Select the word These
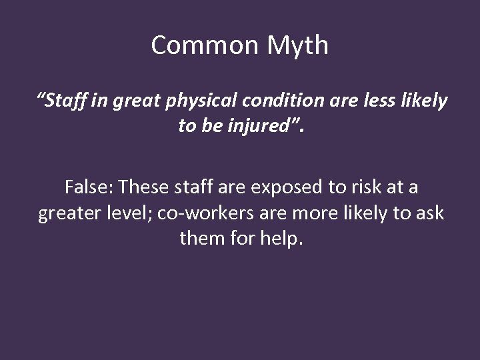pos(143,187)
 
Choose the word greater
pos(69,213)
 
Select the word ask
pos(429,213)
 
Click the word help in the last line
pos(283,238)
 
